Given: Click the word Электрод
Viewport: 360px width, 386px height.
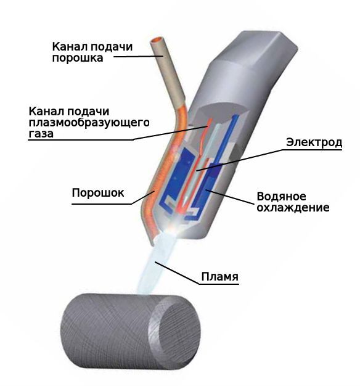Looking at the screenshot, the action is click(x=314, y=142).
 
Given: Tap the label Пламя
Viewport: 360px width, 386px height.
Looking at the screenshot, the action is click(x=219, y=276).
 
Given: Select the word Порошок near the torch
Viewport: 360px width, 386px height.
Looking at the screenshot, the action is click(x=98, y=193).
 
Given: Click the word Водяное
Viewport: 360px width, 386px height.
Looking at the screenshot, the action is click(x=282, y=197).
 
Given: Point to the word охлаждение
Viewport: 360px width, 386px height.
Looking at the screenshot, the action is click(x=293, y=208).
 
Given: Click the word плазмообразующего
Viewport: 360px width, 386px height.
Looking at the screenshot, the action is click(x=89, y=123).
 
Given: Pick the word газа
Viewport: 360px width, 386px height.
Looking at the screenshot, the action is click(x=41, y=134).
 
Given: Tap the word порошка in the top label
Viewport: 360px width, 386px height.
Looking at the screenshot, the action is click(x=78, y=58).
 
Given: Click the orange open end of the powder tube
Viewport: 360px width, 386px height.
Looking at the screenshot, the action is click(x=156, y=39).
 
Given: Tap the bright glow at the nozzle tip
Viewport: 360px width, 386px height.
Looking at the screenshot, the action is click(x=173, y=228).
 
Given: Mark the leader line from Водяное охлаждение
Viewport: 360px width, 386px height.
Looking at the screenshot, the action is click(x=230, y=197).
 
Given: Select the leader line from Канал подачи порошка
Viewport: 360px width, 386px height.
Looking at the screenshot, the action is click(x=138, y=57).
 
